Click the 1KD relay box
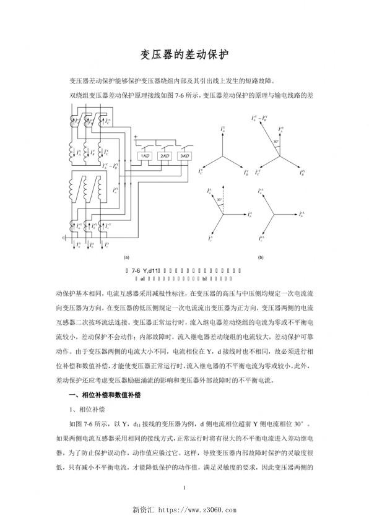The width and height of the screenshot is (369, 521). pyautogui.click(x=144, y=156)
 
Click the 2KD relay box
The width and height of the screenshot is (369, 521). pyautogui.click(x=165, y=156)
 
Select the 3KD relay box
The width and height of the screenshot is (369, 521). pyautogui.click(x=184, y=156)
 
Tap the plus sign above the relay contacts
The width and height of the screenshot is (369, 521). pyautogui.click(x=135, y=136)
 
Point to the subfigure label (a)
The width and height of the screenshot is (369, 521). pyautogui.click(x=126, y=256)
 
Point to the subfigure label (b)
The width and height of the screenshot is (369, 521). pyautogui.click(x=261, y=256)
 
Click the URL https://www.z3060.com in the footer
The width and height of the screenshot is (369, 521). pyautogui.click(x=198, y=510)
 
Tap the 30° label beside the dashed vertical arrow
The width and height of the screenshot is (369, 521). pyautogui.click(x=219, y=200)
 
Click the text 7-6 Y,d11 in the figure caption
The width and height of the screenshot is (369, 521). pyautogui.click(x=146, y=270)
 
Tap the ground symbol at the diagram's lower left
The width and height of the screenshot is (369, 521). pyautogui.click(x=64, y=236)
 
